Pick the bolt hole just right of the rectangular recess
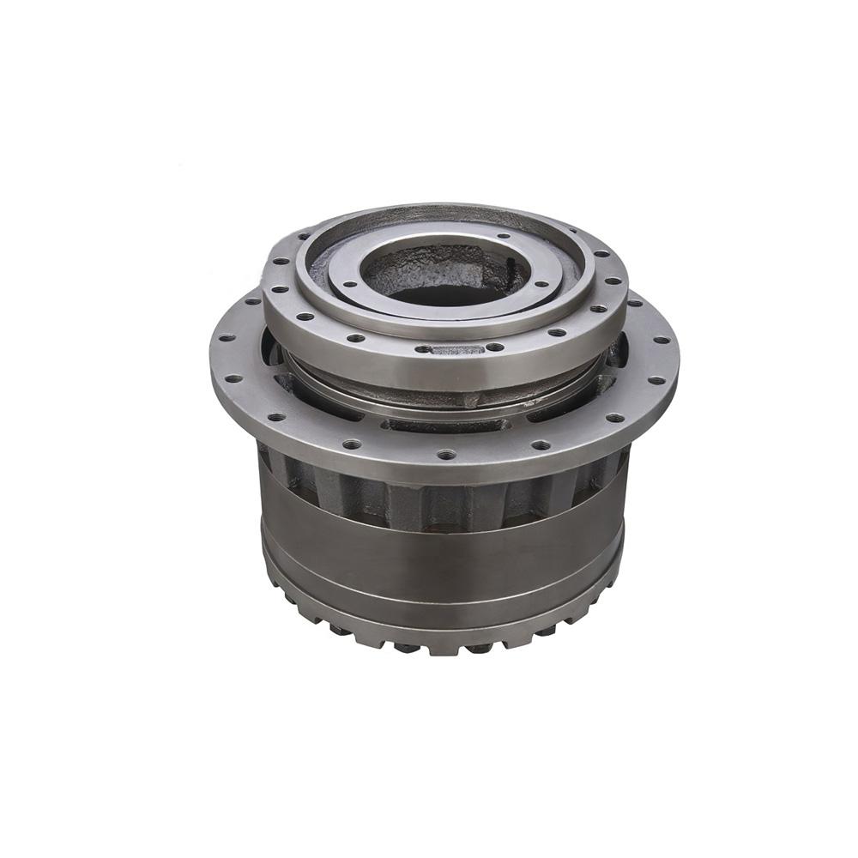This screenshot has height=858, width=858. [495, 347]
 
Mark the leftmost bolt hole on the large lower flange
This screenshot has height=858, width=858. [221, 339]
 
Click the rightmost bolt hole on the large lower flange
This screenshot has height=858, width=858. [662, 340]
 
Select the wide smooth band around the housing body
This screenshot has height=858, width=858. [442, 558]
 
